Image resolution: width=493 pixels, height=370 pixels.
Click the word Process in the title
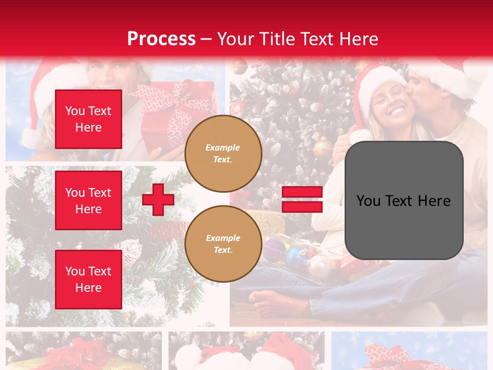[x=161, y=39]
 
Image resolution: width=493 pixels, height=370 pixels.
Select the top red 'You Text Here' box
[x=88, y=119]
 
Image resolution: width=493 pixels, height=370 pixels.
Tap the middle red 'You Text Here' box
[x=88, y=200]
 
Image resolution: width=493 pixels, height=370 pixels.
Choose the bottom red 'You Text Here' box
[x=88, y=280]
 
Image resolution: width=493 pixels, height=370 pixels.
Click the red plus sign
[x=158, y=199]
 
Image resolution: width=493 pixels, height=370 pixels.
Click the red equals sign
[x=302, y=199]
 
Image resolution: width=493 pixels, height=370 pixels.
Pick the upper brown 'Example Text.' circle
[x=223, y=154]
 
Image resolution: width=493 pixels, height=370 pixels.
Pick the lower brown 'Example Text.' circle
[x=223, y=244]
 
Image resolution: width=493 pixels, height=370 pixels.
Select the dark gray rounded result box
[x=404, y=200]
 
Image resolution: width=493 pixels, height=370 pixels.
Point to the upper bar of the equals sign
[x=302, y=192]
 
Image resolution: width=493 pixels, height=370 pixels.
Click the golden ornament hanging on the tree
[x=323, y=147]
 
